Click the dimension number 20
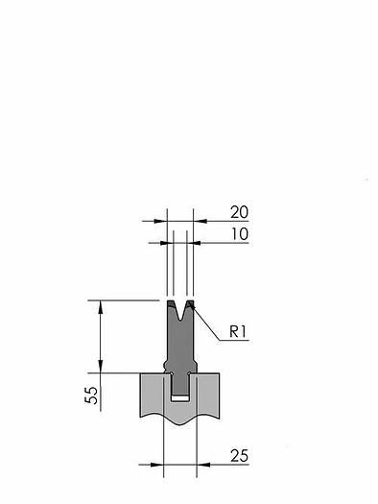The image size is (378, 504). pyautogui.click(x=239, y=212)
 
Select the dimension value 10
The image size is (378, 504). pyautogui.click(x=240, y=234)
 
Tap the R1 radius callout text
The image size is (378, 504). pyautogui.click(x=238, y=331)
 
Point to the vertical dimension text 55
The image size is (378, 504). pyautogui.click(x=91, y=395)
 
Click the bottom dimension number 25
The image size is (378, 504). pyautogui.click(x=239, y=456)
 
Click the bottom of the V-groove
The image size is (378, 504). pyautogui.click(x=180, y=320)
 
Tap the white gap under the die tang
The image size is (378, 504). pyautogui.click(x=179, y=399)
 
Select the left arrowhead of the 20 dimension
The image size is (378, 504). pyautogui.click(x=160, y=221)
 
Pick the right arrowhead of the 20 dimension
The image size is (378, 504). pyautogui.click(x=200, y=221)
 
